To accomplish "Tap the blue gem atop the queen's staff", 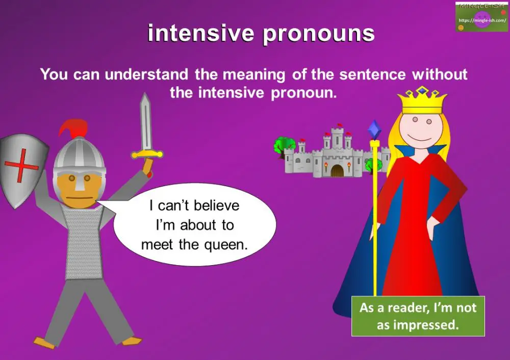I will click(375, 130).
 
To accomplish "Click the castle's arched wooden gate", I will click(337, 170).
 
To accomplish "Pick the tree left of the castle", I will click(281, 145).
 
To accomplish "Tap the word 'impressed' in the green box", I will click(430, 325).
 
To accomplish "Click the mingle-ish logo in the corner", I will click(481, 17).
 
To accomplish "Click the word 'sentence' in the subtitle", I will click(375, 74).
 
